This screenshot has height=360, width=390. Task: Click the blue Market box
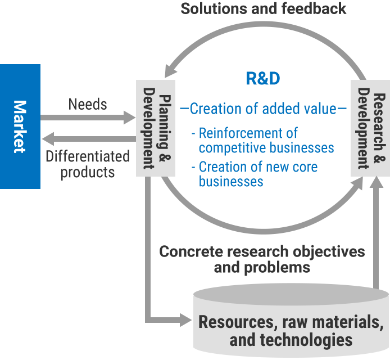(20, 126)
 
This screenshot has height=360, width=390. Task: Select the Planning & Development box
(149, 128)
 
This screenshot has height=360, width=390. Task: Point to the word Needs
(88, 104)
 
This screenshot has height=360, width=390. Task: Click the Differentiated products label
(88, 164)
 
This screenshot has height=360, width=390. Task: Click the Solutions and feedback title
(263, 9)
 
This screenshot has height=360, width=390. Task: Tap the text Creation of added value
(262, 109)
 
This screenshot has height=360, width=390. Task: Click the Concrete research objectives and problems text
(262, 259)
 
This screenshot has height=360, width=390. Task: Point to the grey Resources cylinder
(291, 323)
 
